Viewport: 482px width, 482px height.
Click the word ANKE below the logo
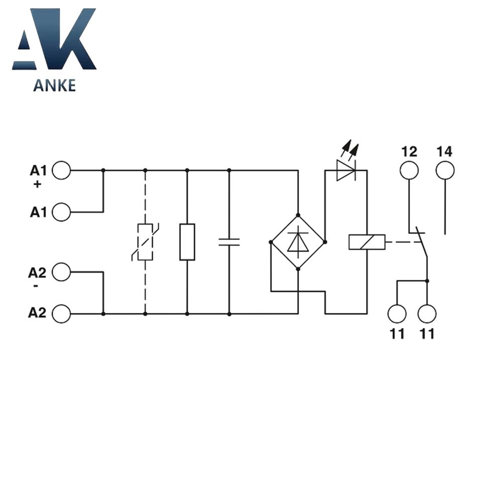(54, 85)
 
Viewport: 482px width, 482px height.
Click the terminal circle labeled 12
(409, 171)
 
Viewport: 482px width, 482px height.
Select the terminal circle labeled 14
(445, 171)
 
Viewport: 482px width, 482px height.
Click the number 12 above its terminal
(409, 151)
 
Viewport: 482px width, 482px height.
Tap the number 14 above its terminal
(444, 151)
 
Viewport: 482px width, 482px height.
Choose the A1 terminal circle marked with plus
(61, 171)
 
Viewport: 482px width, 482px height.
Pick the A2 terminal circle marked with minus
(61, 273)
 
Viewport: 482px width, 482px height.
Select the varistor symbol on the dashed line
(145, 242)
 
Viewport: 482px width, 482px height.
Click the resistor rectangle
(187, 242)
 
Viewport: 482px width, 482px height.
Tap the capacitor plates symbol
(229, 242)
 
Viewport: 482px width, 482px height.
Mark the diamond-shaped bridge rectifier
(298, 242)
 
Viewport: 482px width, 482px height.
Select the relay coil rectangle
(367, 242)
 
